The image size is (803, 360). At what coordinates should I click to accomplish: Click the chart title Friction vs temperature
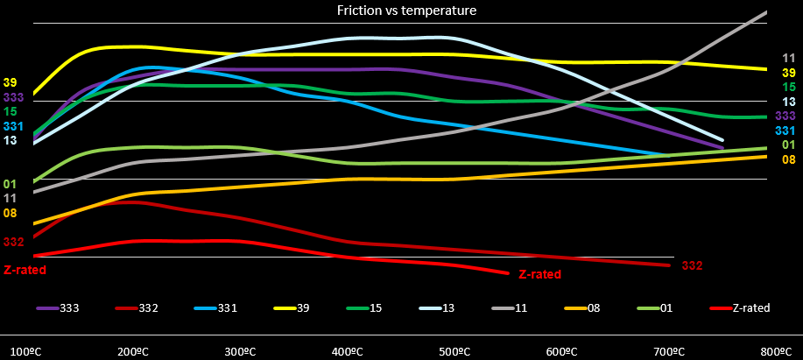click(406, 11)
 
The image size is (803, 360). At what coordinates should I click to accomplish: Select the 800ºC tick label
click(777, 352)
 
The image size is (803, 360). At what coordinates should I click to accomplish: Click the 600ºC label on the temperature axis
click(561, 352)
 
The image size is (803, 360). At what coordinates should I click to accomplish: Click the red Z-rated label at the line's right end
click(539, 274)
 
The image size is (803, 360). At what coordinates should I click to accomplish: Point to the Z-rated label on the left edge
click(25, 270)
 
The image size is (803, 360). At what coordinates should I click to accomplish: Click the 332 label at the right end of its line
click(692, 265)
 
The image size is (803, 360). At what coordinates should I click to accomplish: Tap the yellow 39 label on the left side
click(11, 82)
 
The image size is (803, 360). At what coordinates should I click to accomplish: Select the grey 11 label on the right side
click(788, 59)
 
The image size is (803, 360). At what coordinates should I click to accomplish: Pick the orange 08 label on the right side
click(788, 159)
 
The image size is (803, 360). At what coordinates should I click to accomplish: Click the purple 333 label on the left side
click(14, 97)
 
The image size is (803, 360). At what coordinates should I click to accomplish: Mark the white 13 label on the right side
click(788, 102)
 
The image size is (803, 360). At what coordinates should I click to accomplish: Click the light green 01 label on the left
click(11, 184)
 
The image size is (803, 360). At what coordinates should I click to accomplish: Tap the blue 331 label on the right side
click(785, 130)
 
